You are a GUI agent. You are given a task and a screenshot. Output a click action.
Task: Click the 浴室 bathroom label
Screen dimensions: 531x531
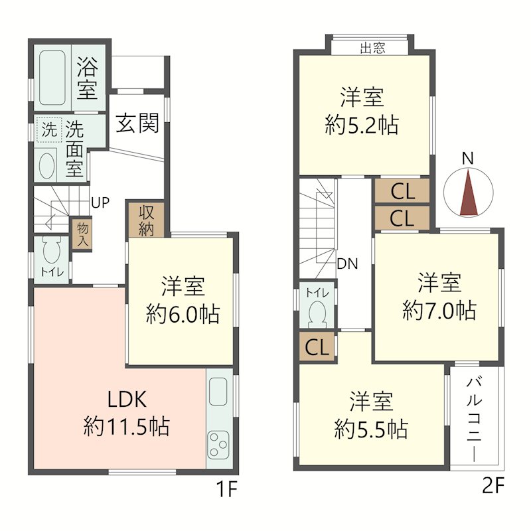click(x=87, y=78)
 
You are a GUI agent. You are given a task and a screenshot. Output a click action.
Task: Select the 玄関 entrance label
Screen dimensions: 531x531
click(x=138, y=123)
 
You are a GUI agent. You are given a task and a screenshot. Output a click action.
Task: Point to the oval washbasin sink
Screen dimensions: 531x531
click(x=47, y=165)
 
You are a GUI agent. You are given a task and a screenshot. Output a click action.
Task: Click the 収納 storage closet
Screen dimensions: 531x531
click(x=146, y=220)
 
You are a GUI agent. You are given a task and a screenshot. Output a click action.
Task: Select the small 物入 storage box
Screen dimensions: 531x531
click(x=82, y=236)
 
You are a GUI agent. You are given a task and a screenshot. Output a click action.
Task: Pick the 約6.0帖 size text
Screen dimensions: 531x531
click(x=183, y=314)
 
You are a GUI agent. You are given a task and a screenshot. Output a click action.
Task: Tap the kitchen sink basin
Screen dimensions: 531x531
click(x=218, y=392)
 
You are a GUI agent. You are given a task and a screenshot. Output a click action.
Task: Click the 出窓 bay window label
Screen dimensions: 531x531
click(x=373, y=48)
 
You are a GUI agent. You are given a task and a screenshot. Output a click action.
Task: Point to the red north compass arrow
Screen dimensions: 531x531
click(x=469, y=194)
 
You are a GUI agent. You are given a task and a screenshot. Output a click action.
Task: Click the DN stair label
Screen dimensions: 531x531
click(x=347, y=263)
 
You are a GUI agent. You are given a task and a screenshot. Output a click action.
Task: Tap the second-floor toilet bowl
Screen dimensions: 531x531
click(x=317, y=312)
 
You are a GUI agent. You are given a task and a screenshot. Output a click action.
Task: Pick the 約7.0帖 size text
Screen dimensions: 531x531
click(x=439, y=311)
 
